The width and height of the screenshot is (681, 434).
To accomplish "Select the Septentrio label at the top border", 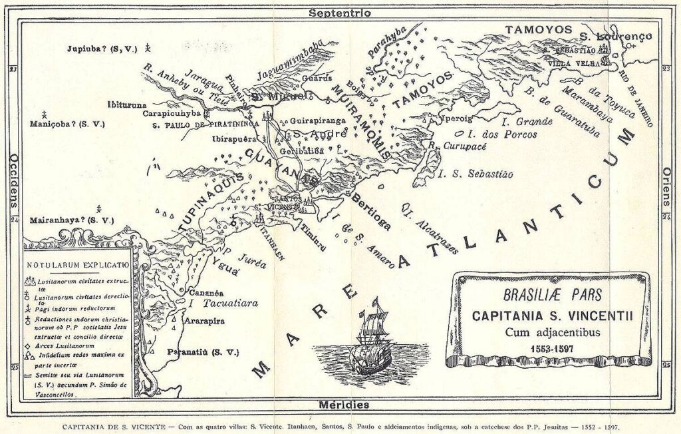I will (x=340, y=12).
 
